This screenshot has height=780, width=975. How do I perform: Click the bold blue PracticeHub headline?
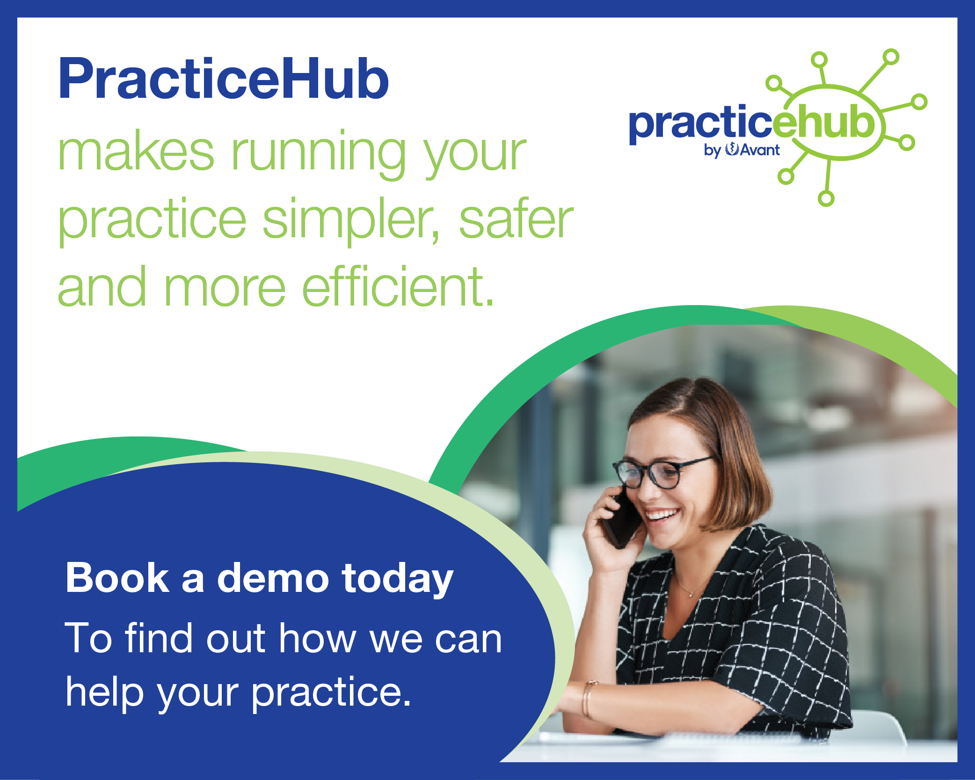224,79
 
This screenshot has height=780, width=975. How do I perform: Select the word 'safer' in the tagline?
516,219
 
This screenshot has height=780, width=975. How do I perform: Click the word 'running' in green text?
319,154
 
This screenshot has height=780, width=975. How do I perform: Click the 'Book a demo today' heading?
260,579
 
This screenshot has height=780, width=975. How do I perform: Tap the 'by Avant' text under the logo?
742,150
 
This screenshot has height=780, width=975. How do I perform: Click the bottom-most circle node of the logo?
826,198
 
